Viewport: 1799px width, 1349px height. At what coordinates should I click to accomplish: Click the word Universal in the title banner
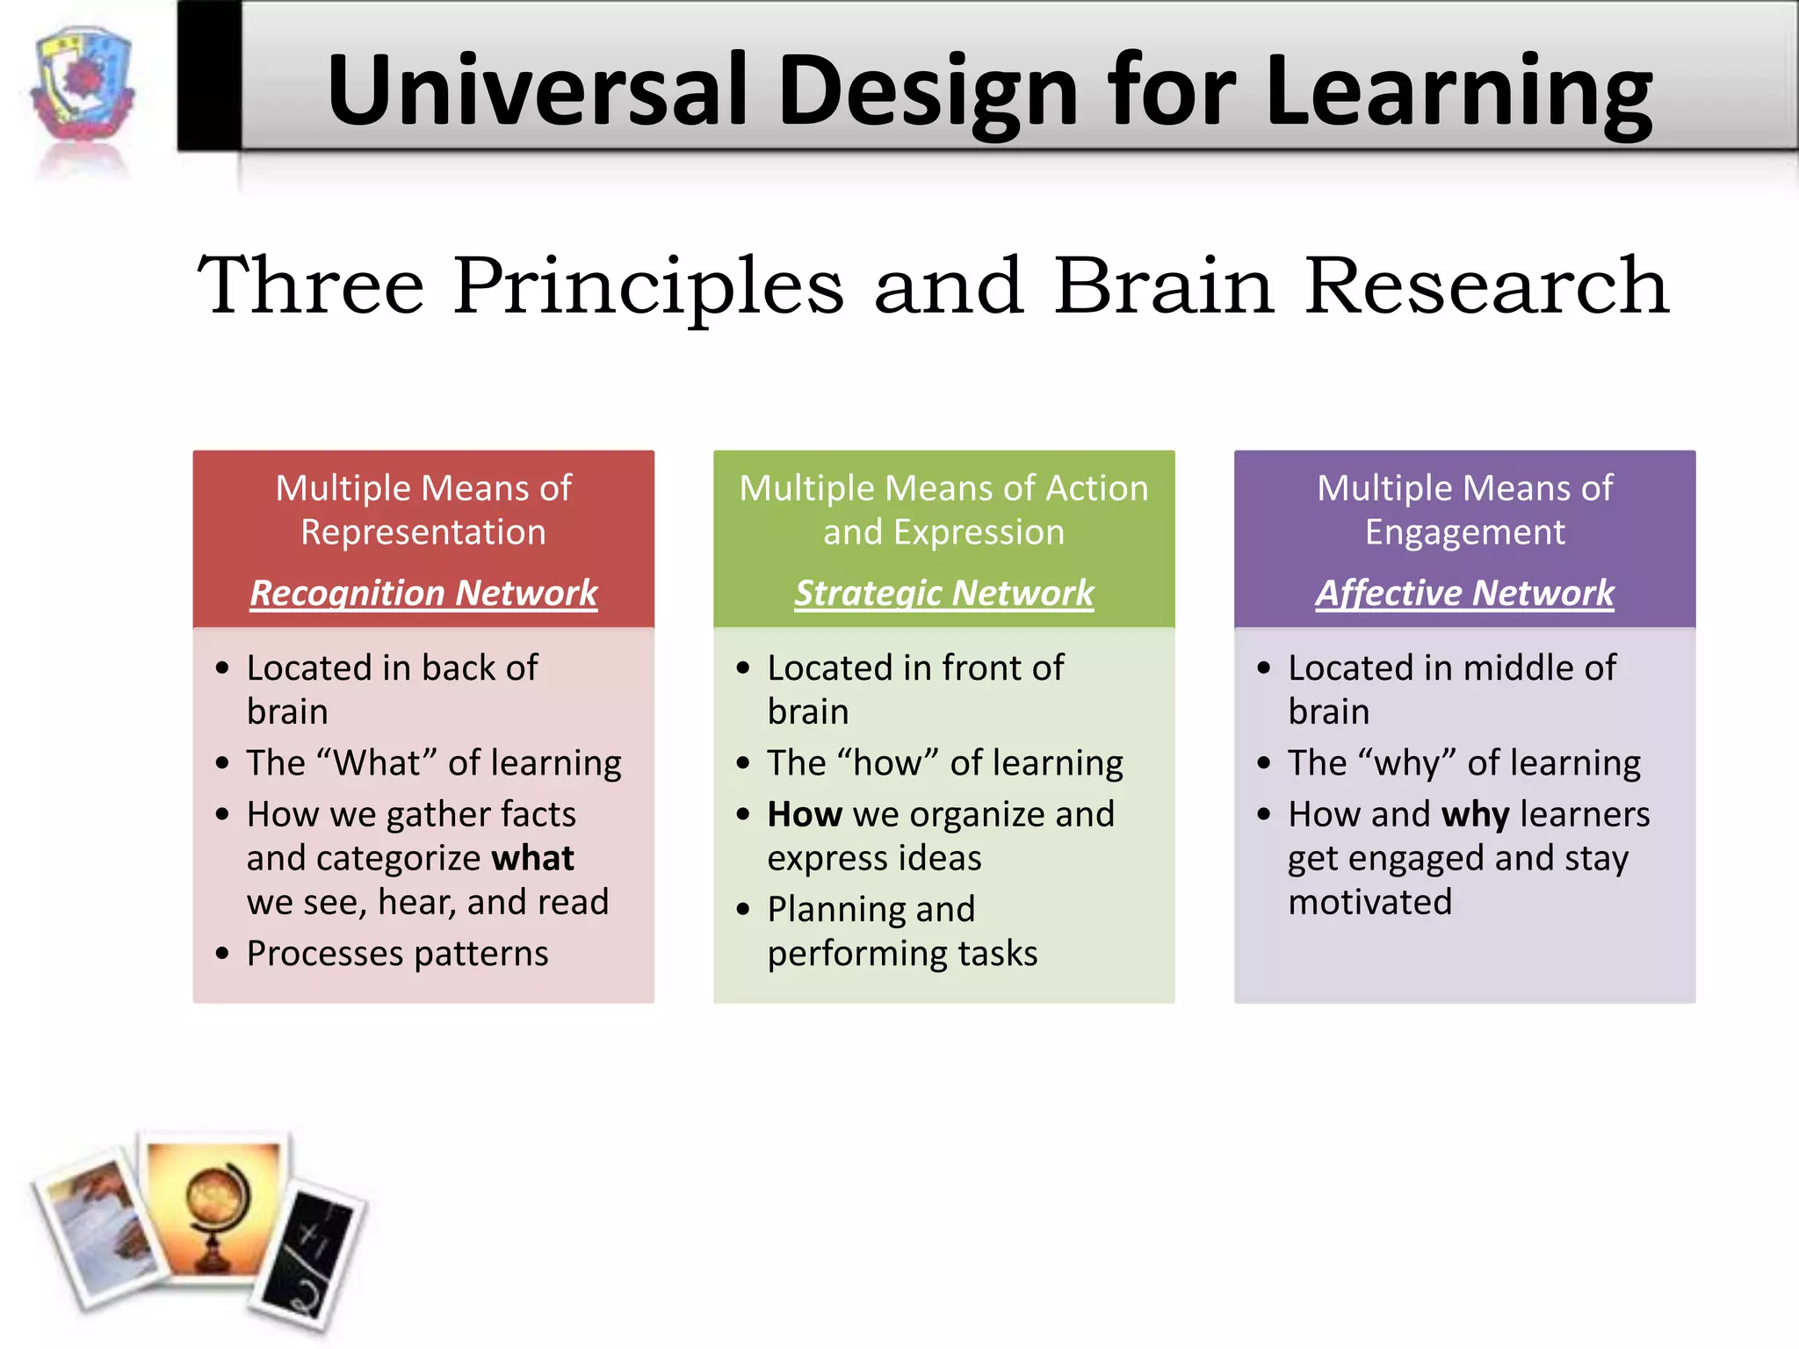537,90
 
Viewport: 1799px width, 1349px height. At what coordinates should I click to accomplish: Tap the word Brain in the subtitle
1164,285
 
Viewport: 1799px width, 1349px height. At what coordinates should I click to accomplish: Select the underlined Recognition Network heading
423,593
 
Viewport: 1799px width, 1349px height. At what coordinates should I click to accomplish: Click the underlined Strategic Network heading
944,593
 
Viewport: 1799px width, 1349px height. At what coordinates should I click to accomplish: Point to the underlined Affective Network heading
1464,593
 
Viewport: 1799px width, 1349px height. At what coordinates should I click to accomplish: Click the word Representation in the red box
423,532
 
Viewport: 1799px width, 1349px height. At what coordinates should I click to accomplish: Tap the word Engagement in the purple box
1464,532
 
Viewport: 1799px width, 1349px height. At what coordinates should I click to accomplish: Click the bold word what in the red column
532,858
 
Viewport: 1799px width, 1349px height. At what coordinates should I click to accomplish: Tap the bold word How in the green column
804,814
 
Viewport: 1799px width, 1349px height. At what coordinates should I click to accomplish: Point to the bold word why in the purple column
1475,814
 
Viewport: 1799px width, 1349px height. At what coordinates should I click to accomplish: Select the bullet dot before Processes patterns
222,953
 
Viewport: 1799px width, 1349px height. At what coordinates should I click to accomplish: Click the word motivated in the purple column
1369,902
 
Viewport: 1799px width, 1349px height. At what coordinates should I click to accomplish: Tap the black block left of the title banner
209,76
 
